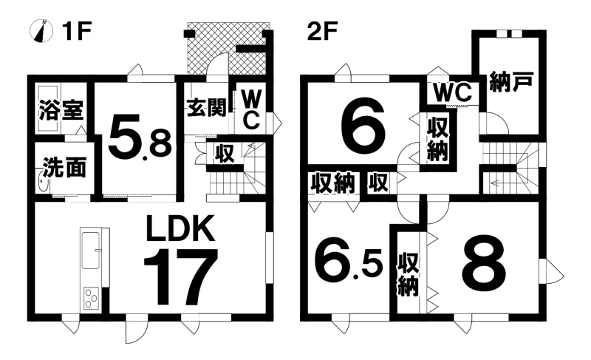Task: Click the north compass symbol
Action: tap(41, 30)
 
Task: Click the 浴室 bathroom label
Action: tap(61, 110)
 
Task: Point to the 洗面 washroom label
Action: tap(64, 167)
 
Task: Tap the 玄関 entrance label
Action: tap(207, 108)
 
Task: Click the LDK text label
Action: tap(180, 228)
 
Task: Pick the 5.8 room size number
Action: tap(140, 140)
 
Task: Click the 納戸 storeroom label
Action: tap(511, 82)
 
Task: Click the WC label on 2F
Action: tap(452, 92)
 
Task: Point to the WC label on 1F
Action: tap(250, 110)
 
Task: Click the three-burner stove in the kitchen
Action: tap(91, 298)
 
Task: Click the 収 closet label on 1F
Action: tap(225, 154)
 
